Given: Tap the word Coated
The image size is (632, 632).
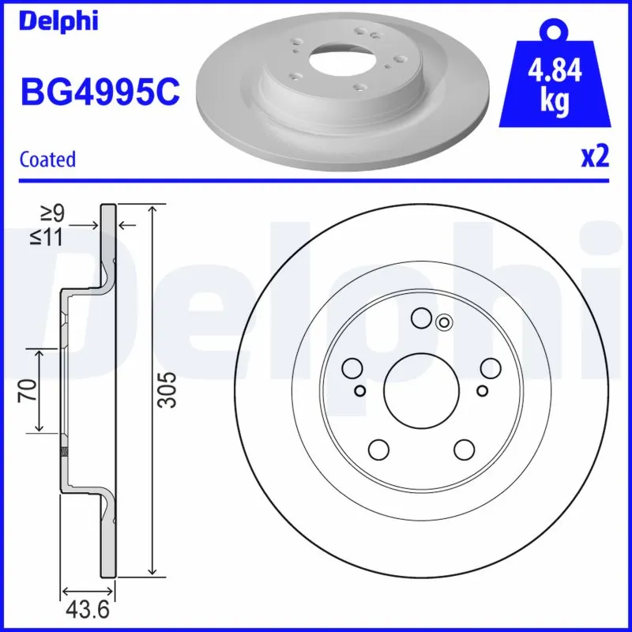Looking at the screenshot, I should coord(48,159).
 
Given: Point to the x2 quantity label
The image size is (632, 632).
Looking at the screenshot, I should coord(595,157).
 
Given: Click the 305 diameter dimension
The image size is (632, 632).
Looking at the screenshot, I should coord(166,389).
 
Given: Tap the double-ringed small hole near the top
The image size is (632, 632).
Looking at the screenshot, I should coord(444,322).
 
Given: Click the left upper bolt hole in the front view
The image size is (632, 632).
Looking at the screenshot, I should coord(352,367).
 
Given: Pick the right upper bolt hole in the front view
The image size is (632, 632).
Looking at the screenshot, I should coord(491,367).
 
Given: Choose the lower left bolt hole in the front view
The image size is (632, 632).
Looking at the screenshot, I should coord(379,449).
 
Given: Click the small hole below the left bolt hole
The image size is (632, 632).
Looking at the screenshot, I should coord(360,390).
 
